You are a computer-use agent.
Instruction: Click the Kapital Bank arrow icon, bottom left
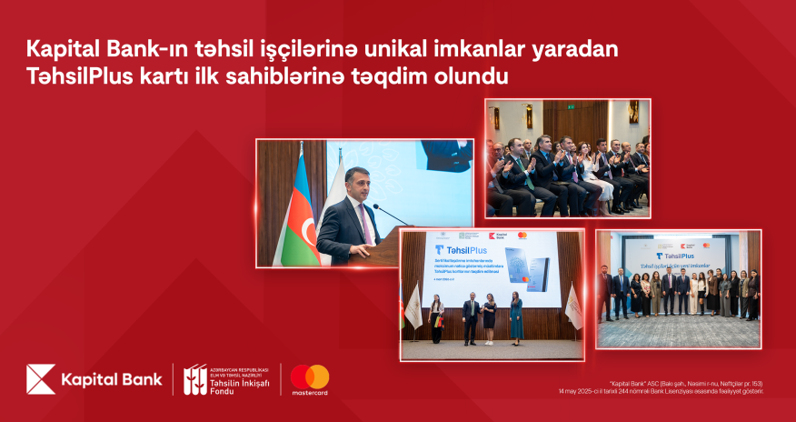[41, 379]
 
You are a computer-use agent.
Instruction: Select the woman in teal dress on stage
[516, 316]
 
